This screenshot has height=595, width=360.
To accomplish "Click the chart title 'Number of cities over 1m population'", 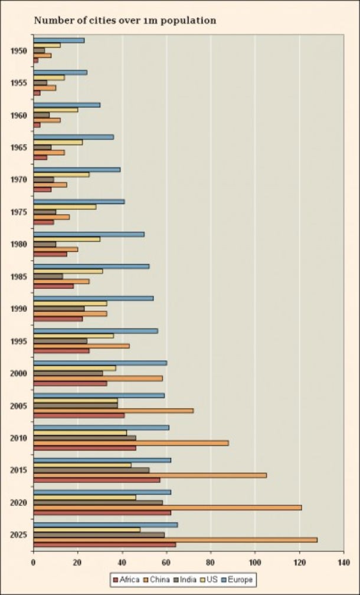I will [125, 21].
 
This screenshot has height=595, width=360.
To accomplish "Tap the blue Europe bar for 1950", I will [59, 40].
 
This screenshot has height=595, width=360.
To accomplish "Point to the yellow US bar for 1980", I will [67, 239].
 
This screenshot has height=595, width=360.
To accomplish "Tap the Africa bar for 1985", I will [54, 285].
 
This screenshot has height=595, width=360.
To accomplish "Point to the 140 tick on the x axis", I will [343, 562].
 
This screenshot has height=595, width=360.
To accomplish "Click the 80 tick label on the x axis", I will [211, 562].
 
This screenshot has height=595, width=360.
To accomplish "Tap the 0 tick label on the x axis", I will [34, 562].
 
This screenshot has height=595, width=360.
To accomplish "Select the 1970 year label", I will [19, 179].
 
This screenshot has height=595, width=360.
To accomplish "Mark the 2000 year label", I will [19, 373].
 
